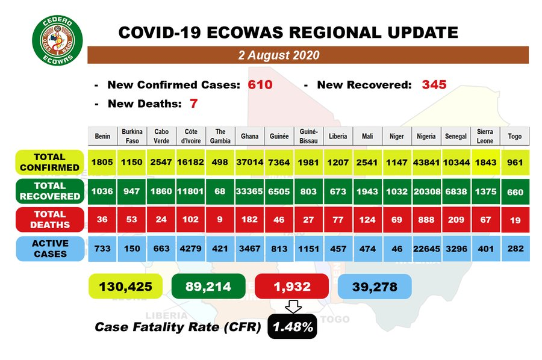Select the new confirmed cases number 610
260,85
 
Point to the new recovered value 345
434,85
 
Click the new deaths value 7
193,104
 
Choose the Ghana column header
249,136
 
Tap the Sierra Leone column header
485,136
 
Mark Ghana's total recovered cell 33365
249,191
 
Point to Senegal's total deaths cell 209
456,220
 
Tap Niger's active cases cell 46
397,249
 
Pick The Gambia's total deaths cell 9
220,220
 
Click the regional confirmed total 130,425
125,287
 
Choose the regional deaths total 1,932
291,287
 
